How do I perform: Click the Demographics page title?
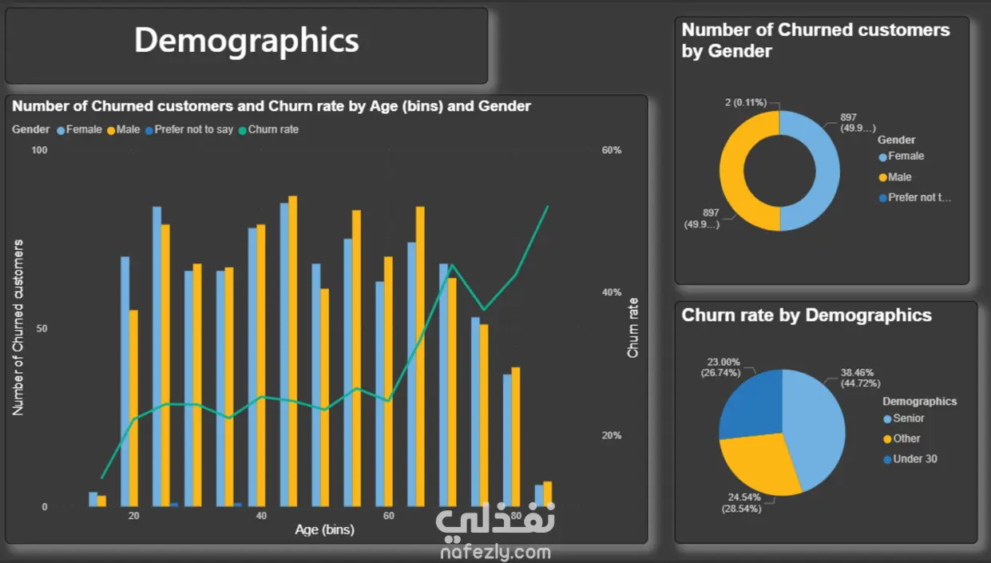point(246,41)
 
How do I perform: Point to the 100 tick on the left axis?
point(39,150)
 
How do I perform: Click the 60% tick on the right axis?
point(611,150)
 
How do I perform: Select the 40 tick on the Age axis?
point(261,516)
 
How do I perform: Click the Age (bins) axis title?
point(324,529)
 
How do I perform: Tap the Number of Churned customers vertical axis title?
point(18,327)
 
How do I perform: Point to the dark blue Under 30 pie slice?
point(751,403)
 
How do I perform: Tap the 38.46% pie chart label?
point(857,372)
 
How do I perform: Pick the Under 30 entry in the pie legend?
point(914,459)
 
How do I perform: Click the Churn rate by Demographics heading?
point(807,315)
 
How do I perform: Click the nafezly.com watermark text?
point(495,552)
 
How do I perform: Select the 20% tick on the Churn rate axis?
point(611,435)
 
